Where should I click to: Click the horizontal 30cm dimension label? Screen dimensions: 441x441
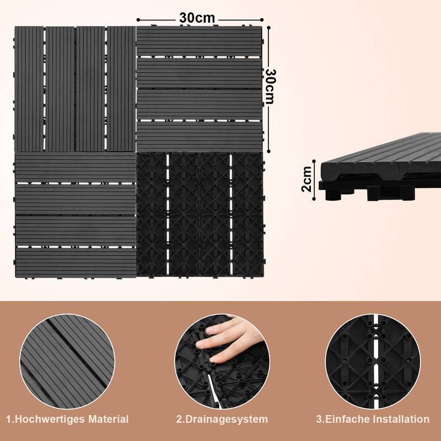(197, 17)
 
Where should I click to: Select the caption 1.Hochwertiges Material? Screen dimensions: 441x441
(67, 420)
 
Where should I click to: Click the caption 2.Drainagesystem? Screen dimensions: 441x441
(223, 420)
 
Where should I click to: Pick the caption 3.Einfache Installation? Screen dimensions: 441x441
(373, 420)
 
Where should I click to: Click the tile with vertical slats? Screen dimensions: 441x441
(75, 89)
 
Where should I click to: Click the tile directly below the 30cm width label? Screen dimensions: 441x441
(200, 89)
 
